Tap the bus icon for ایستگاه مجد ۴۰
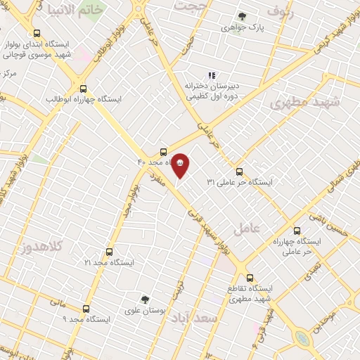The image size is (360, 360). (x=164, y=151)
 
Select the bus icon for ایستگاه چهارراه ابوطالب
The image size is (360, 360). (x=84, y=89)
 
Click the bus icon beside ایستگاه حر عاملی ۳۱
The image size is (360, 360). (x=239, y=171)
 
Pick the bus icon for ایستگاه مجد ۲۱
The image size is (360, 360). (x=109, y=251)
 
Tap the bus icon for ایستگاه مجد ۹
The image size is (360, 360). (x=86, y=309)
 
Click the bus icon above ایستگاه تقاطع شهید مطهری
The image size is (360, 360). (x=250, y=277)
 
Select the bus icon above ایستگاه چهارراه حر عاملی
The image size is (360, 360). (x=296, y=230)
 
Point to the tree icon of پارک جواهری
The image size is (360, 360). (x=242, y=16)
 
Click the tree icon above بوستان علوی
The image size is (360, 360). (x=145, y=299)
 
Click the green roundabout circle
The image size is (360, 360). (x=303, y=338)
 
